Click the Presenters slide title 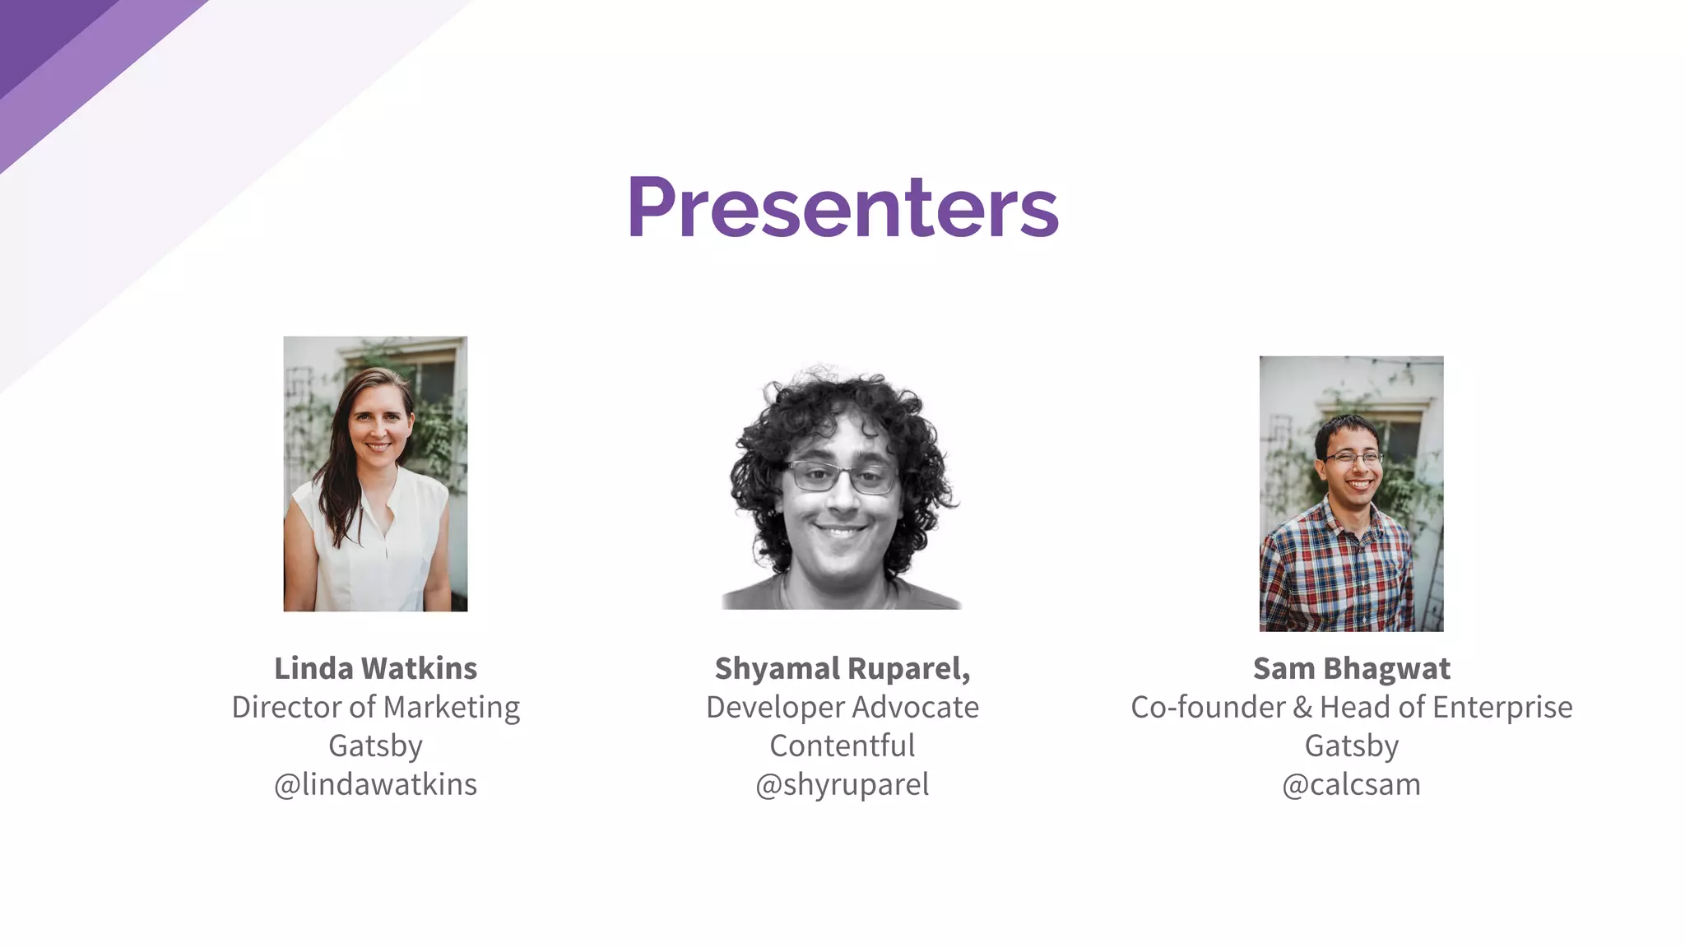point(842,207)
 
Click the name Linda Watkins point(375,668)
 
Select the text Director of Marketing point(375,707)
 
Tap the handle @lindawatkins point(375,784)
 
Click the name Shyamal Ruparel point(841,668)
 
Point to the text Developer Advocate point(842,707)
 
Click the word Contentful point(842,746)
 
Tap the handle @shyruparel point(842,784)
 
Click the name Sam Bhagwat point(1351,668)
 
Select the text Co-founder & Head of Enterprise point(1351,707)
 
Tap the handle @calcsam point(1351,784)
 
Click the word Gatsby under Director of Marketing point(375,746)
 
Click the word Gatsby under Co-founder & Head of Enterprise point(1351,746)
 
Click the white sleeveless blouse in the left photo point(370,551)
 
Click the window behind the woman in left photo point(436,379)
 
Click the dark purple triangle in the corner point(41,33)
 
